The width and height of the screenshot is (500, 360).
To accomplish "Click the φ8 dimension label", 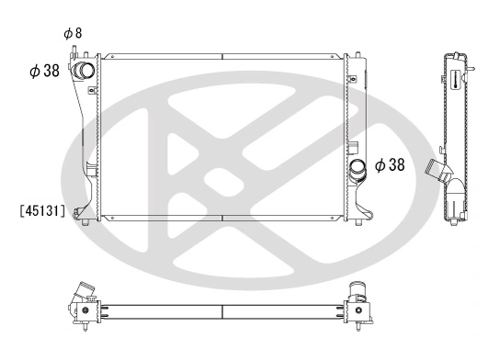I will [73, 33].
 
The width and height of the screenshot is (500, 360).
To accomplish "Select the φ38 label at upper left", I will [45, 71].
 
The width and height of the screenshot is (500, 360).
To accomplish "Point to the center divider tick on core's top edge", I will [222, 58].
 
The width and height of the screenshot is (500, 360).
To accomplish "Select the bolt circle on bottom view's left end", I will [85, 310].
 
